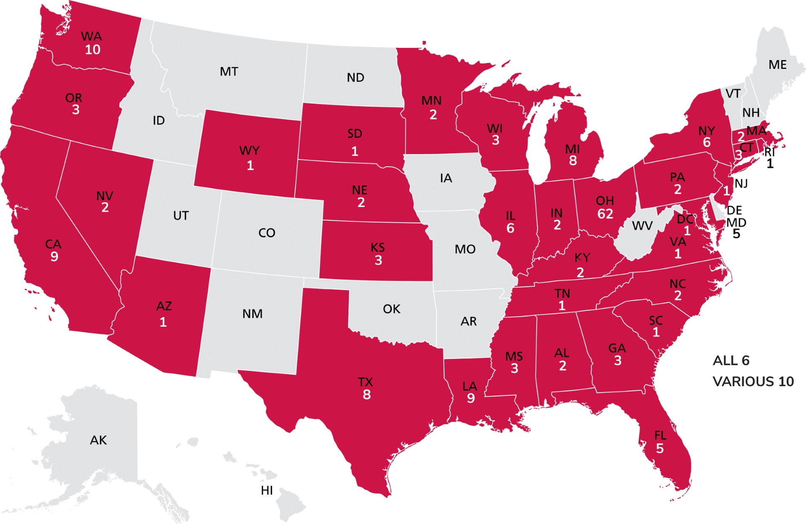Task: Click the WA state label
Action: point(91,36)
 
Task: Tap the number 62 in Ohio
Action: point(605,214)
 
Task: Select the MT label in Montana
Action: point(229,72)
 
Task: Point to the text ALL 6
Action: point(731,360)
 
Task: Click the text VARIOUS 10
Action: point(753,381)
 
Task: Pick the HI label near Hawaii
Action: point(266,490)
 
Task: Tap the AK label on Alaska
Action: point(98,440)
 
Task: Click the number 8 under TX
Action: point(367,395)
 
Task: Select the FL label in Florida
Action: point(660,435)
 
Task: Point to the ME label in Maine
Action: point(777,65)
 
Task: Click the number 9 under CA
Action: point(54,257)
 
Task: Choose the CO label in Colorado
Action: point(266,233)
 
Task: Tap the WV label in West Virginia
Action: point(642,226)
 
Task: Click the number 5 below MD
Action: point(736,234)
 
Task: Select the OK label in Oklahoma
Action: point(391,309)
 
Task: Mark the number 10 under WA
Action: point(92,50)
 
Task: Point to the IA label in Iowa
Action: point(446,178)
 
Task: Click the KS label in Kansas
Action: point(377,247)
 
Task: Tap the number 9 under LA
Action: point(471,398)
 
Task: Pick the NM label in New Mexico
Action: point(252,314)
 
